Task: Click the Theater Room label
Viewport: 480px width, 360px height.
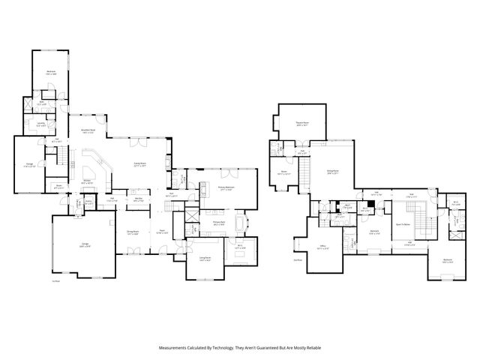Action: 302,123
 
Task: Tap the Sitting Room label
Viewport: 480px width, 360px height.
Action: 332,172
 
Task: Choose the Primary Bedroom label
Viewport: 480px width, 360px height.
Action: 228,187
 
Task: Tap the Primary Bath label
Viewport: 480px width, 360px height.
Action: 218,223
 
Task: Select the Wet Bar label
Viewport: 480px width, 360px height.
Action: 139,199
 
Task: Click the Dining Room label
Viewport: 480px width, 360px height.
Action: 133,232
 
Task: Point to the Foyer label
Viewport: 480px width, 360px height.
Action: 161,232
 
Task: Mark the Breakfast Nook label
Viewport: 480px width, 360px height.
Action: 88,130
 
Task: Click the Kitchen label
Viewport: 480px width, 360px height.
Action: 87,181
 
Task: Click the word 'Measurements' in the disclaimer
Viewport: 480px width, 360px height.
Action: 174,348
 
